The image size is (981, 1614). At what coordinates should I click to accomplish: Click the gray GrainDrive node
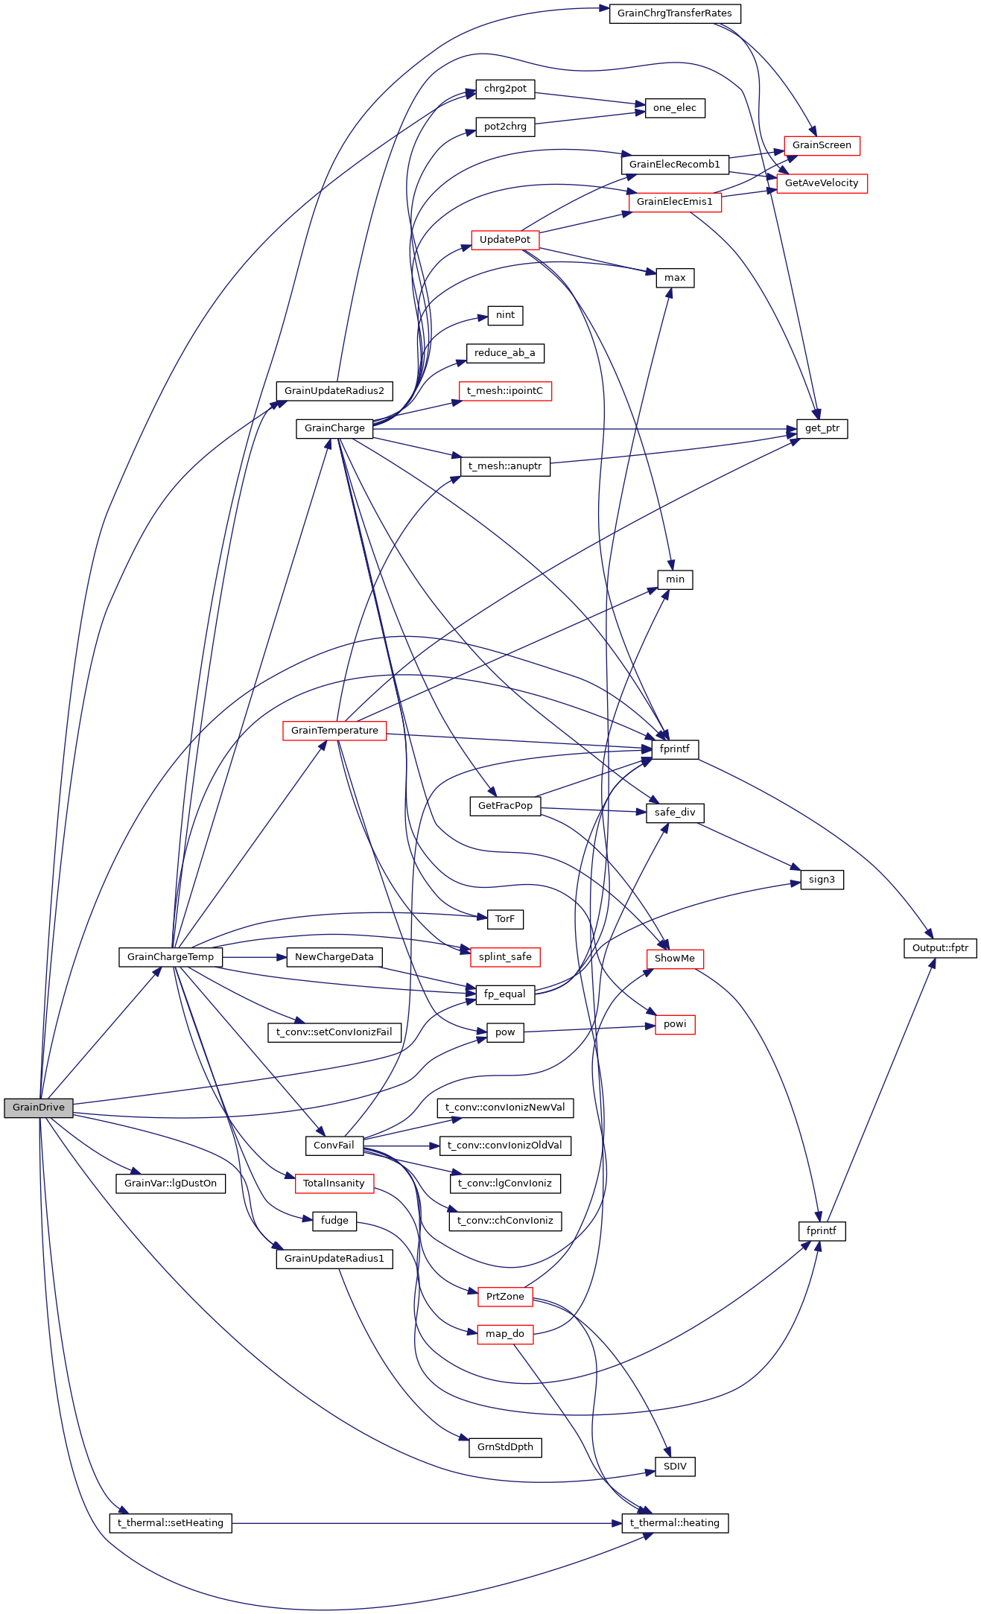39,1108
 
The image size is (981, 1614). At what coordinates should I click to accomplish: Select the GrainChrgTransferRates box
674,13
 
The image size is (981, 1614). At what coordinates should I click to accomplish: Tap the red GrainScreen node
822,145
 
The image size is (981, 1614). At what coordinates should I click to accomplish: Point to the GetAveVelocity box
822,183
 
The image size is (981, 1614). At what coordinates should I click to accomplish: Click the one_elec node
674,108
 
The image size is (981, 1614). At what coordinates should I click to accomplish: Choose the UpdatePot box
504,240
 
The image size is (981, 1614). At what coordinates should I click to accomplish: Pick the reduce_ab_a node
504,353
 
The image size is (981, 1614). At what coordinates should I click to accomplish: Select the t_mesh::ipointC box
504,391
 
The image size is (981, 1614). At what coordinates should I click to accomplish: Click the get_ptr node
822,429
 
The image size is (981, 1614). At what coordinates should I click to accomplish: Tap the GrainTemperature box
334,731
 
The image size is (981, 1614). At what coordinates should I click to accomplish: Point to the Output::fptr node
940,948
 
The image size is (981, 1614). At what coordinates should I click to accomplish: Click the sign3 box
822,880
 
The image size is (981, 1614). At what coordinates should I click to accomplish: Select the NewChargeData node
334,957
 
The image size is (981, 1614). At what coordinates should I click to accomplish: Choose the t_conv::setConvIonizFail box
334,1032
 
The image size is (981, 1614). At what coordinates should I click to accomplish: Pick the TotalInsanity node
334,1184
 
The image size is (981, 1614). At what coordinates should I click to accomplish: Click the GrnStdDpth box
504,1447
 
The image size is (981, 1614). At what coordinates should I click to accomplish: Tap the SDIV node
674,1467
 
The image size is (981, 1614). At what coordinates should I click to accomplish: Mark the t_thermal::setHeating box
171,1523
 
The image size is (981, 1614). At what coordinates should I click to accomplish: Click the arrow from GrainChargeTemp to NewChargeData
254,957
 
